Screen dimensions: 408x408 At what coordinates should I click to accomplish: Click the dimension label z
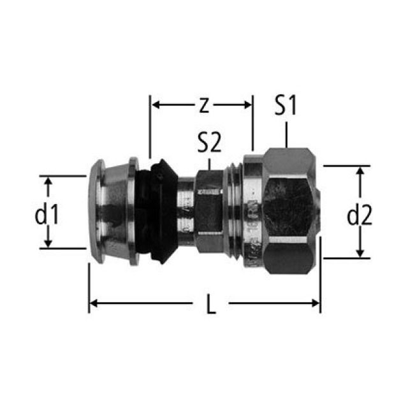coord(204,106)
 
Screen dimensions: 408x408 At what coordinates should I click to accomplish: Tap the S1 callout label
coord(286,105)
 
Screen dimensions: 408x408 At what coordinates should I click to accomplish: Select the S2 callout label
coord(209,143)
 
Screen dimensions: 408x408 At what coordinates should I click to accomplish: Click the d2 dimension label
coord(360,215)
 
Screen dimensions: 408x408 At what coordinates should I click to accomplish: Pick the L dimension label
coord(211,304)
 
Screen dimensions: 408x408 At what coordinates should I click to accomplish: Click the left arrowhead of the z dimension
coord(156,105)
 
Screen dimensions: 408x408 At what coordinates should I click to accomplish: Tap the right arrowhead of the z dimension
coord(247,105)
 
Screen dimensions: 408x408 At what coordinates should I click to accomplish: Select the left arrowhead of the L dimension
coord(94,303)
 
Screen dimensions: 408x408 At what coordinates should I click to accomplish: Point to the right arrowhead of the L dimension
coord(316,303)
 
